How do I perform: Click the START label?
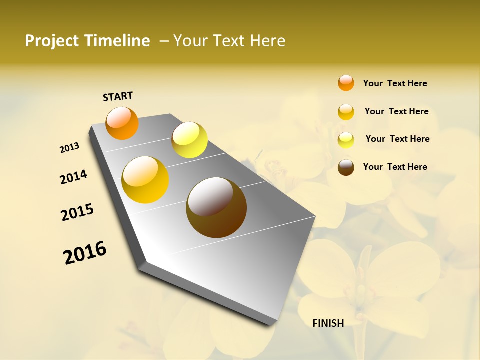[x=118, y=96]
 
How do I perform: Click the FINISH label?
[x=328, y=323]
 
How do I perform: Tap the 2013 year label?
[x=70, y=147]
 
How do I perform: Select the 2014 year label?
[x=74, y=177]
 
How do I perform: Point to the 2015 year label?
[x=77, y=212]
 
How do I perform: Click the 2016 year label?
[x=85, y=252]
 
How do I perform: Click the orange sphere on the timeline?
[x=122, y=123]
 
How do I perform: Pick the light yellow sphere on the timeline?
[x=189, y=140]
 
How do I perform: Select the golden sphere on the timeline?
[x=145, y=180]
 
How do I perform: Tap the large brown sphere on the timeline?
[x=216, y=207]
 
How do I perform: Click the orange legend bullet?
[x=346, y=83]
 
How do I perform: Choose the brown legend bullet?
[x=346, y=167]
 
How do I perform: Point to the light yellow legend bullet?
[x=346, y=140]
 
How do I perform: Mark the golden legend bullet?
[x=346, y=112]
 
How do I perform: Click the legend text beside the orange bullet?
[x=395, y=83]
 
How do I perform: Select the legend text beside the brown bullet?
[x=395, y=167]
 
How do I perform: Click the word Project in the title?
[x=51, y=41]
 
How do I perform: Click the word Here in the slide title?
[x=267, y=41]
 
